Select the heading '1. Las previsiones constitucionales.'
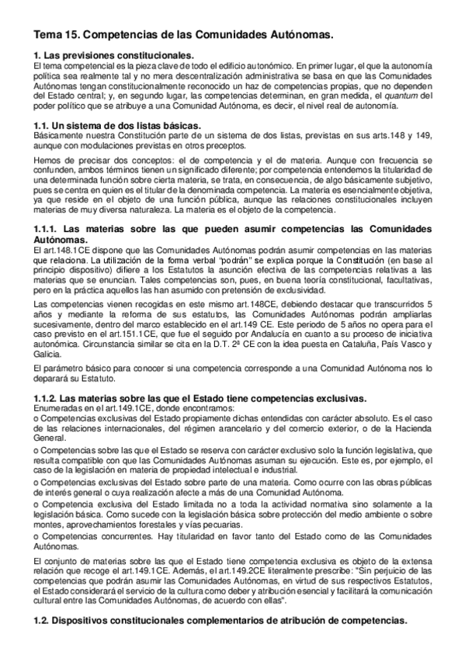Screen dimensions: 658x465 115,55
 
